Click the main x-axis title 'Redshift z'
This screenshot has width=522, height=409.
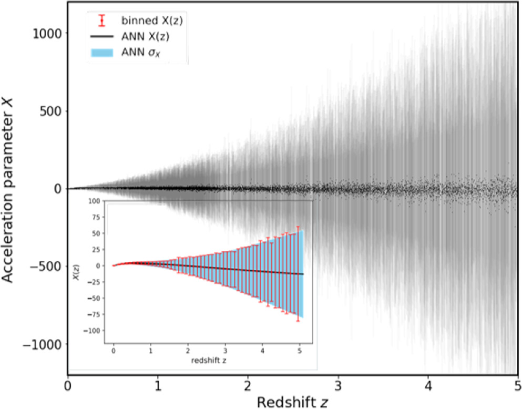pos(293,402)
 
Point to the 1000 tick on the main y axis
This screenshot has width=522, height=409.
pos(49,33)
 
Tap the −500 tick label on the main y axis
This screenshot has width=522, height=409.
pos(48,266)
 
